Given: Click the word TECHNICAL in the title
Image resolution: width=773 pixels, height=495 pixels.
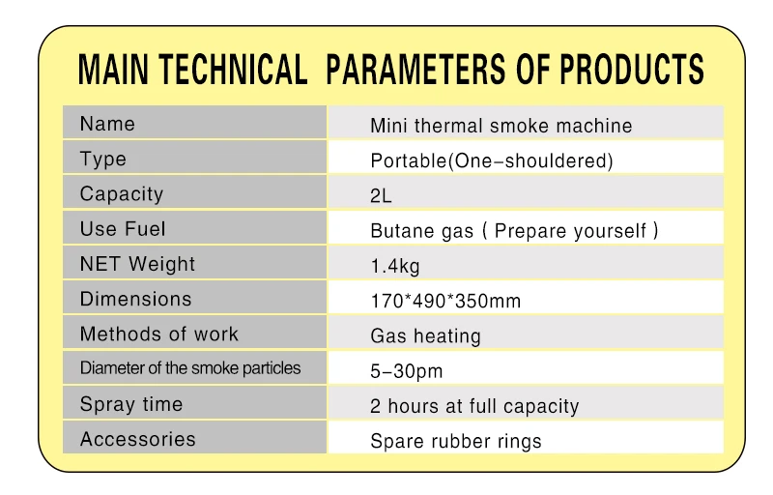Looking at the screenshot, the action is (233, 69).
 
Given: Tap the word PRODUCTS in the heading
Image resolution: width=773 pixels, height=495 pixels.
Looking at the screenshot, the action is (632, 69).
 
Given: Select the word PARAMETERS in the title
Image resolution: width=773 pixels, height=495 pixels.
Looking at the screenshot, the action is (415, 69).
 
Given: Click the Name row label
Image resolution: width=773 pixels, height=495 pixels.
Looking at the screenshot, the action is (107, 124).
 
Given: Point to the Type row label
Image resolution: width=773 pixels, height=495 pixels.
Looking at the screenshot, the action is (103, 160).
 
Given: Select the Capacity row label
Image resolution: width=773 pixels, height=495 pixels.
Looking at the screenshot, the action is (122, 194).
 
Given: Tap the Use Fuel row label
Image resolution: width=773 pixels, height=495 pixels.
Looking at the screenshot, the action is (123, 229).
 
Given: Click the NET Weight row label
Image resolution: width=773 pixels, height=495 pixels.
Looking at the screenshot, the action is (137, 264).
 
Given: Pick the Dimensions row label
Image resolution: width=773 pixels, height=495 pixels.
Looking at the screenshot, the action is (135, 300).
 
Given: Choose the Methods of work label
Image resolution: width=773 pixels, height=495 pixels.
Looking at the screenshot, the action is (159, 335).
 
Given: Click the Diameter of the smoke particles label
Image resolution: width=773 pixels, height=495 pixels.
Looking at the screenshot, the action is (190, 368).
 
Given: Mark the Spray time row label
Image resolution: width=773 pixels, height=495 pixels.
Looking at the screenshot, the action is (131, 404).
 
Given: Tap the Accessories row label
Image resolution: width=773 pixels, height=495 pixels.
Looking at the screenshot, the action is (138, 439).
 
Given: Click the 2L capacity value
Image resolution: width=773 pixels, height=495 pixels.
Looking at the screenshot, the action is (381, 196).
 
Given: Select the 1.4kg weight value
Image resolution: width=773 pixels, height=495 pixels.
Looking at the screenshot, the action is (395, 266).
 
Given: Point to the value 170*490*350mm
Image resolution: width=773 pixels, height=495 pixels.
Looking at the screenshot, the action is (445, 301).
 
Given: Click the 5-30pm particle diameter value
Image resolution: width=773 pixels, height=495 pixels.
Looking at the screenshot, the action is (407, 371).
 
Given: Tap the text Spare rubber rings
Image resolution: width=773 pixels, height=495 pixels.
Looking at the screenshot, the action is (456, 441).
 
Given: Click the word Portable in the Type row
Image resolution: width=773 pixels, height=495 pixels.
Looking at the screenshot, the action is (408, 160).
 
